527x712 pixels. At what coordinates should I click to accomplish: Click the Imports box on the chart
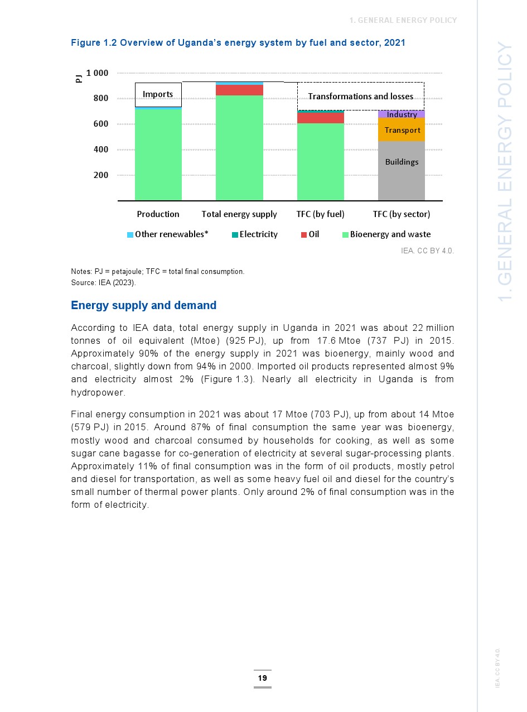pos(158,94)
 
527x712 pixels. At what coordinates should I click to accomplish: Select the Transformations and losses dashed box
pos(360,96)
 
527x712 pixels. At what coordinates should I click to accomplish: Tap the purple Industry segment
pos(402,114)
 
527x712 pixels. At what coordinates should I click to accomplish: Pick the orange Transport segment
pos(402,130)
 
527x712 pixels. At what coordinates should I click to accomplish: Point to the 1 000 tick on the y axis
pos(97,73)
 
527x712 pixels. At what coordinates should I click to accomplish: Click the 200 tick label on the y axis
pos(101,175)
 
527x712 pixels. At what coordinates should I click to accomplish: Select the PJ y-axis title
pos(79,78)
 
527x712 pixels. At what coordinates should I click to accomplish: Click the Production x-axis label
pos(158,214)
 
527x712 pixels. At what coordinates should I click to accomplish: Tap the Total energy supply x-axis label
pos(239,214)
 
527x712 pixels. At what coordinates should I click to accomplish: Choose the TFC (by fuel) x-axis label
pos(320,214)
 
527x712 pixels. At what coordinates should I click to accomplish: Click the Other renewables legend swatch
pos(130,235)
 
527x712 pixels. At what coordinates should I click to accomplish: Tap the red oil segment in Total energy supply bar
pos(239,90)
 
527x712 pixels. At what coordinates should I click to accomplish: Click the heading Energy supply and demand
pos(143,306)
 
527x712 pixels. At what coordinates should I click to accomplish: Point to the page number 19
pos(262,679)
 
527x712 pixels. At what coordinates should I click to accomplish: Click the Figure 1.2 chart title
pos(238,42)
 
